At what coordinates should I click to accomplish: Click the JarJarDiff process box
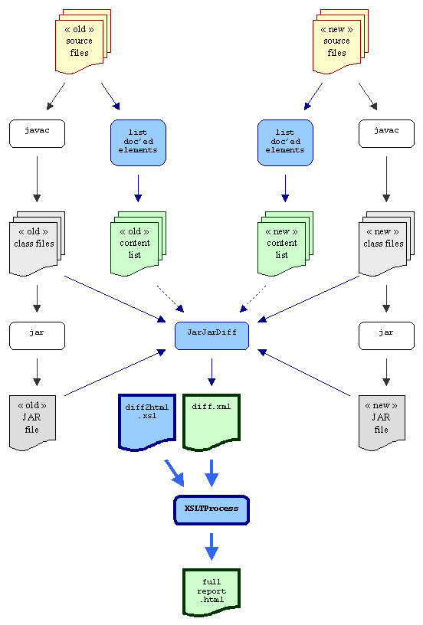coord(211,335)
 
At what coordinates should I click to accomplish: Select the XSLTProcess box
coord(211,510)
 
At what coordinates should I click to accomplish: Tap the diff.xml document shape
coord(211,422)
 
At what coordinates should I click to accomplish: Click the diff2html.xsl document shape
coord(147,422)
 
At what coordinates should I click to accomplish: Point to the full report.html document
coord(211,592)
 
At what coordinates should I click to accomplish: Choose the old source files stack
coord(83,41)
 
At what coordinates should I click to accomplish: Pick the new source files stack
coord(340,41)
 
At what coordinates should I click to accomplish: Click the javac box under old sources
coord(37,133)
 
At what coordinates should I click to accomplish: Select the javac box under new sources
coord(386,133)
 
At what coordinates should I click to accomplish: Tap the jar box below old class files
coord(37,335)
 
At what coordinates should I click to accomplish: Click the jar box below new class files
coord(386,335)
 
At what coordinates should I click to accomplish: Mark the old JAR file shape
coord(32,423)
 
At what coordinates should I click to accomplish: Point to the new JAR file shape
coord(382,423)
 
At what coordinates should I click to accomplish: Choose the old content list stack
coord(138,244)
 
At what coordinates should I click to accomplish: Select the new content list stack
coord(286,244)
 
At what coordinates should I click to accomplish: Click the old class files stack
coord(37,244)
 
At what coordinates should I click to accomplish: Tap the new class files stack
coord(386,244)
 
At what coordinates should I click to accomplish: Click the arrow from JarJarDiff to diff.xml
coord(211,372)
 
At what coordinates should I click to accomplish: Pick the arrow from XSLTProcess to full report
coord(211,546)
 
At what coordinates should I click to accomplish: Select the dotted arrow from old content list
coord(171,299)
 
